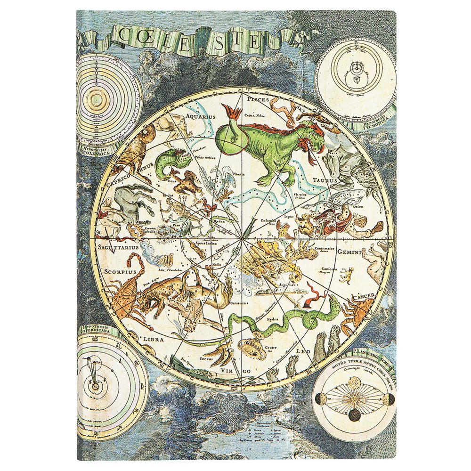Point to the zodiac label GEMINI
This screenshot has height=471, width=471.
[x=349, y=252]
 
